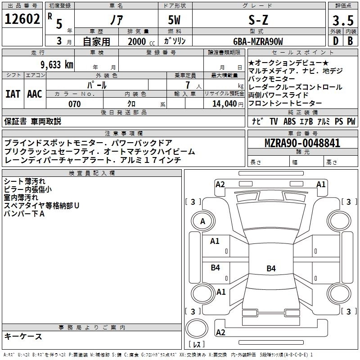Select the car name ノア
(117, 20)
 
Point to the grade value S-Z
(257, 20)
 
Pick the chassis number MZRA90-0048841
(302, 144)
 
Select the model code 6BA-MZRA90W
(258, 42)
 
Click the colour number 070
(74, 104)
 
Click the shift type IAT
(13, 94)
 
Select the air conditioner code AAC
(35, 94)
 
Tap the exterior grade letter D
(335, 42)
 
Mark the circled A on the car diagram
(202, 221)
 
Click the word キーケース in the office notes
(23, 337)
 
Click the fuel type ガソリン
(175, 41)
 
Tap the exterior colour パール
(97, 85)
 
